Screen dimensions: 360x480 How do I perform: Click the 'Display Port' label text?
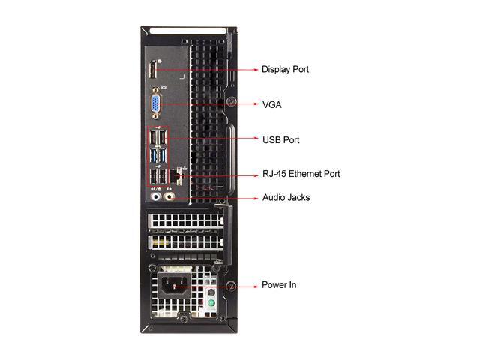coord(285,70)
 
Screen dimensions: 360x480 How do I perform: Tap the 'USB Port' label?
coord(281,139)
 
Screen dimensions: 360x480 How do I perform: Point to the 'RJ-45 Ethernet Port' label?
coord(301,174)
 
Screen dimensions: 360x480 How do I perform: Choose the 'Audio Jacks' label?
coord(286,198)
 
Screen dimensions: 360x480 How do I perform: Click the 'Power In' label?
coord(278,286)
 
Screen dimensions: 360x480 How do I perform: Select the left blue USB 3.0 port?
coord(154,157)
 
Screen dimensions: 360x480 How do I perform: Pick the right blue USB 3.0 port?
coord(163,157)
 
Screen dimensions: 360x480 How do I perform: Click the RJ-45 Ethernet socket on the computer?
coord(177,175)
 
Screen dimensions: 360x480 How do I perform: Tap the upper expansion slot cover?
coord(184,223)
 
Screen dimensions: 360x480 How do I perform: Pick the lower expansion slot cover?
coord(184,242)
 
